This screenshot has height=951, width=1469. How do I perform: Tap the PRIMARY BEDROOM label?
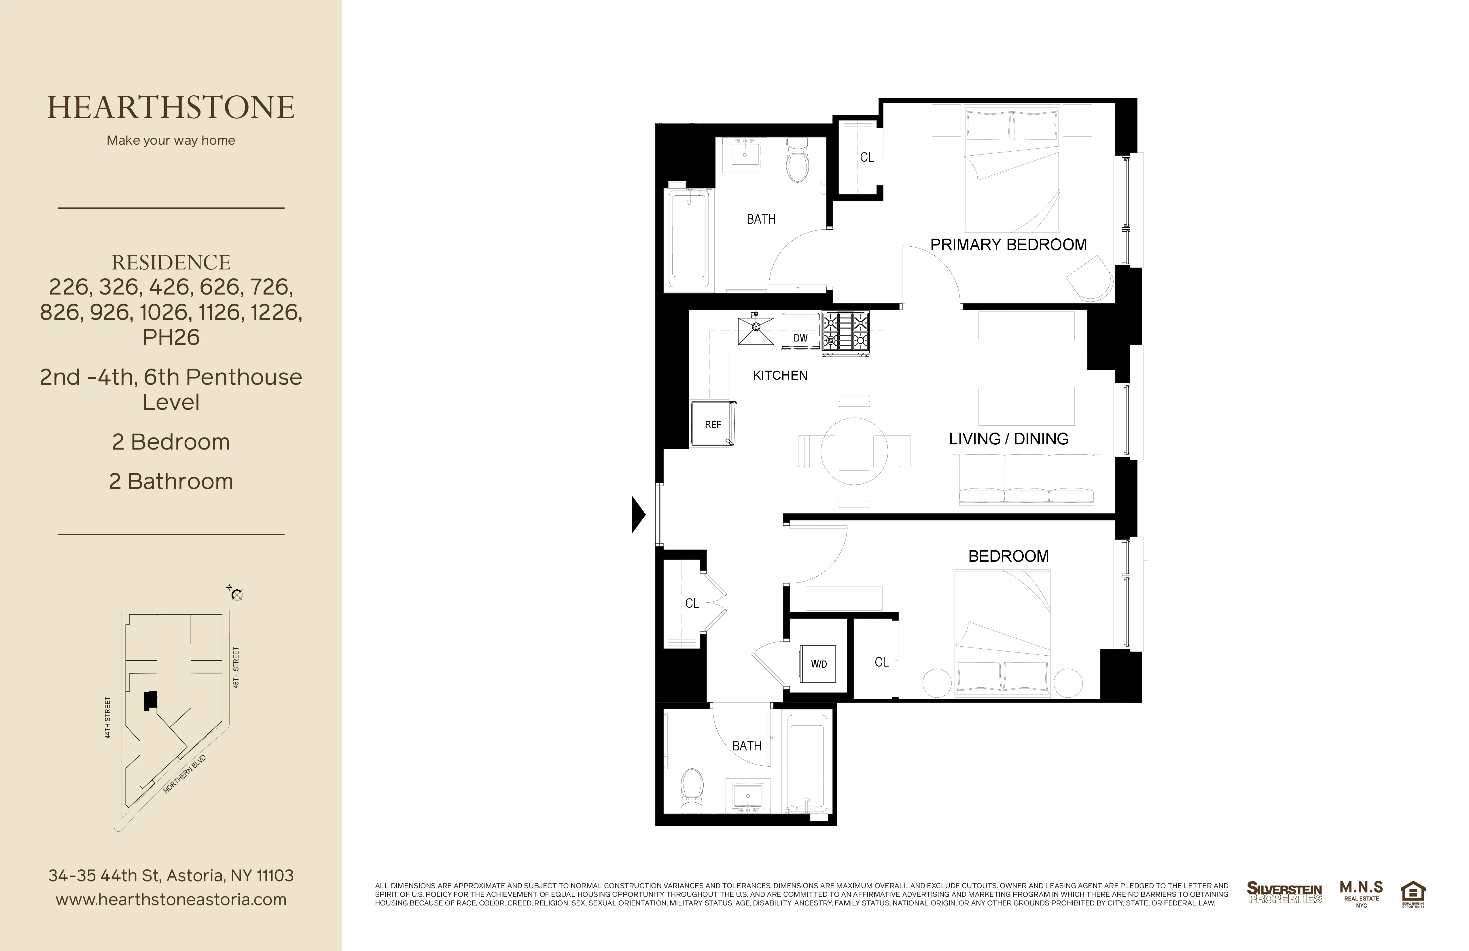tap(1008, 245)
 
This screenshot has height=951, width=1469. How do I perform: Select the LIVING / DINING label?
tap(1008, 439)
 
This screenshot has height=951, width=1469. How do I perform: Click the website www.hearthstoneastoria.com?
tap(171, 900)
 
